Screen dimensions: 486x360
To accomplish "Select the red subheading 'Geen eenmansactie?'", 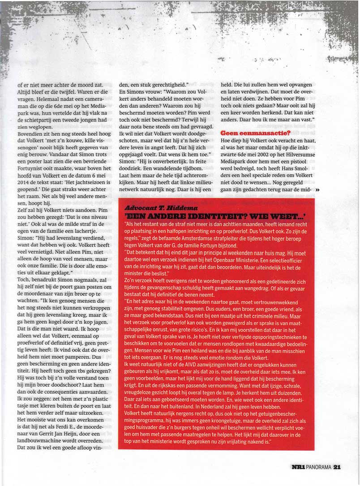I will click(x=256, y=133).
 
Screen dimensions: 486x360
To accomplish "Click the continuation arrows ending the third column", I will click(x=318, y=190).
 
